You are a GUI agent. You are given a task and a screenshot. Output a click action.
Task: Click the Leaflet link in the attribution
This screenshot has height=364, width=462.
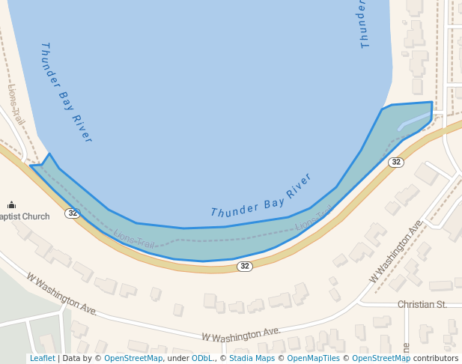[x=42, y=358]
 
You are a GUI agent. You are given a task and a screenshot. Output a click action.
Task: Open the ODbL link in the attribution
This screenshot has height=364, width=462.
[x=202, y=358]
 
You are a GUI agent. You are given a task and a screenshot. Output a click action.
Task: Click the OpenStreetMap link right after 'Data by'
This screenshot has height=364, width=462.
[x=133, y=358]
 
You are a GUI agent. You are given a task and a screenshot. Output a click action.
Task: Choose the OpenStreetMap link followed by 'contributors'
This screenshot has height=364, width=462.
[x=381, y=358]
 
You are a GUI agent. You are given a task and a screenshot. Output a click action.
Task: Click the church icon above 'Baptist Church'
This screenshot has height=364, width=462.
[x=11, y=204]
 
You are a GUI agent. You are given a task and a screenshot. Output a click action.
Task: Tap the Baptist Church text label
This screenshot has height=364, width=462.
[x=25, y=216]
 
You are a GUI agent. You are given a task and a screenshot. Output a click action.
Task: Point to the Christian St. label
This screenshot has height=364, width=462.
[x=422, y=304]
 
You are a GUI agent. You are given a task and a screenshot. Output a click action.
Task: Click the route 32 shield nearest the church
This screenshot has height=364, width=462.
[x=72, y=213]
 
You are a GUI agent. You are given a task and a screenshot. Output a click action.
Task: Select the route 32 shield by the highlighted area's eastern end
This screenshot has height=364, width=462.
[x=396, y=162]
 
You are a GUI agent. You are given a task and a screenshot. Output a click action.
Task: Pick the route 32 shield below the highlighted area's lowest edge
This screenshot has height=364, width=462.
[x=245, y=266]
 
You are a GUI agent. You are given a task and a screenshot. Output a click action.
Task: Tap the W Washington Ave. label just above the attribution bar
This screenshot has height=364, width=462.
[x=241, y=333]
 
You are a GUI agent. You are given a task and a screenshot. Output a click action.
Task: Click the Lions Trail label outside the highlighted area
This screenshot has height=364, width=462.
[x=16, y=105]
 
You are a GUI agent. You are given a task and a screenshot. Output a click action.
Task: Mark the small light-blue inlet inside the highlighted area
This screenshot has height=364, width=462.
[x=413, y=121]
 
